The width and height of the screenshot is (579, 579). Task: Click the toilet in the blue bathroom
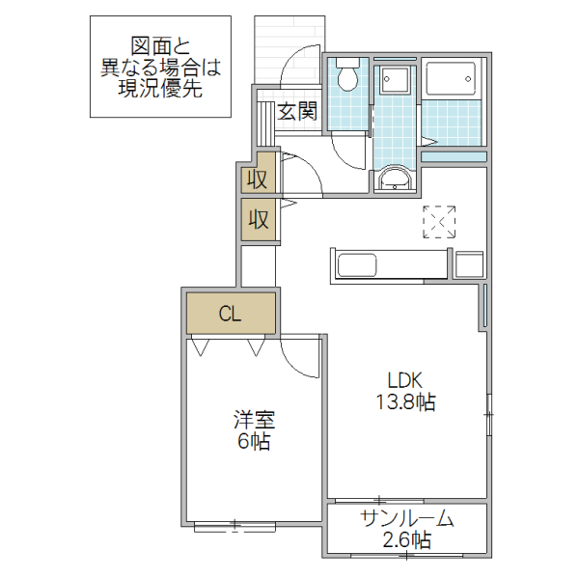[347, 76]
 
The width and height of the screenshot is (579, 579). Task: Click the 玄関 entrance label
[297, 112]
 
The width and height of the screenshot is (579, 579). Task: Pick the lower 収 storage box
[258, 219]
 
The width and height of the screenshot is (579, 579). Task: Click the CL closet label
[230, 314]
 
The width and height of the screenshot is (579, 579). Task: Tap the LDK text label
[406, 379]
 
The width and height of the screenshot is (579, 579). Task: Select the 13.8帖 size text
[406, 402]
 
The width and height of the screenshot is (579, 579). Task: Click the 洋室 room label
[255, 421]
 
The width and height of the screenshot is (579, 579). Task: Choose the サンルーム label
[406, 518]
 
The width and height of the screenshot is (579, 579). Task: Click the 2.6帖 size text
[406, 541]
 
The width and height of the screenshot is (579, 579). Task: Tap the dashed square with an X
[439, 221]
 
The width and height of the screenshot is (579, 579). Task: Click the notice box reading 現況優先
[161, 67]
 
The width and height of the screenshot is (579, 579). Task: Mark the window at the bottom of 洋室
[234, 526]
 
